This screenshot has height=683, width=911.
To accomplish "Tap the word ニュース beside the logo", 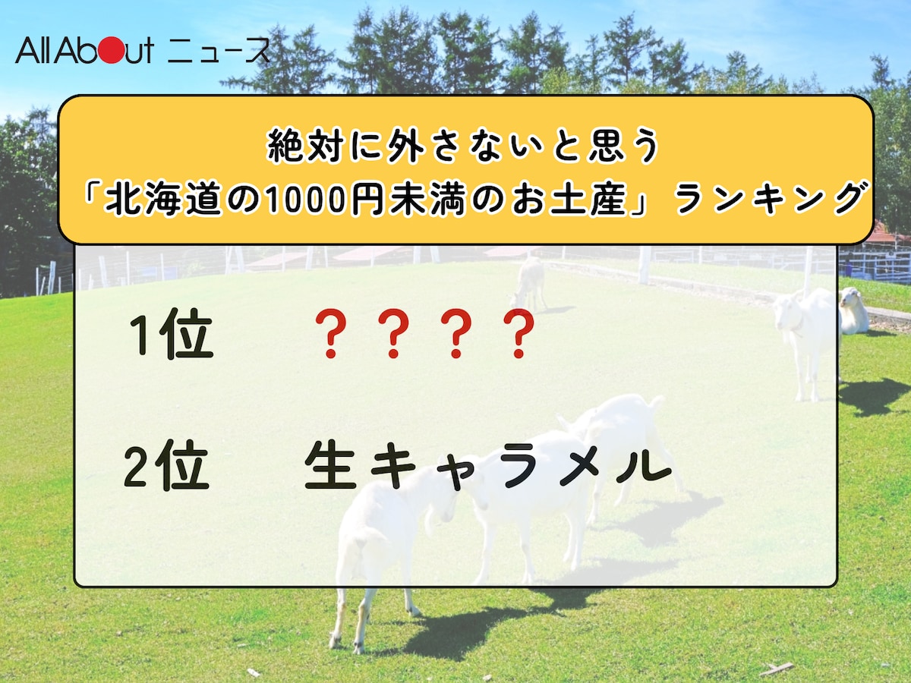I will click(x=219, y=51).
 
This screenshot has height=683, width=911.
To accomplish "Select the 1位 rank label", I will click(x=172, y=335).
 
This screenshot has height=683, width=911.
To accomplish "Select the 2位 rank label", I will click(x=167, y=467).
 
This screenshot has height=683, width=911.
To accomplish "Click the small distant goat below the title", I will click(x=531, y=282).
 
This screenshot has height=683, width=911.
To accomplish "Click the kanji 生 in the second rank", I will click(x=331, y=467).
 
